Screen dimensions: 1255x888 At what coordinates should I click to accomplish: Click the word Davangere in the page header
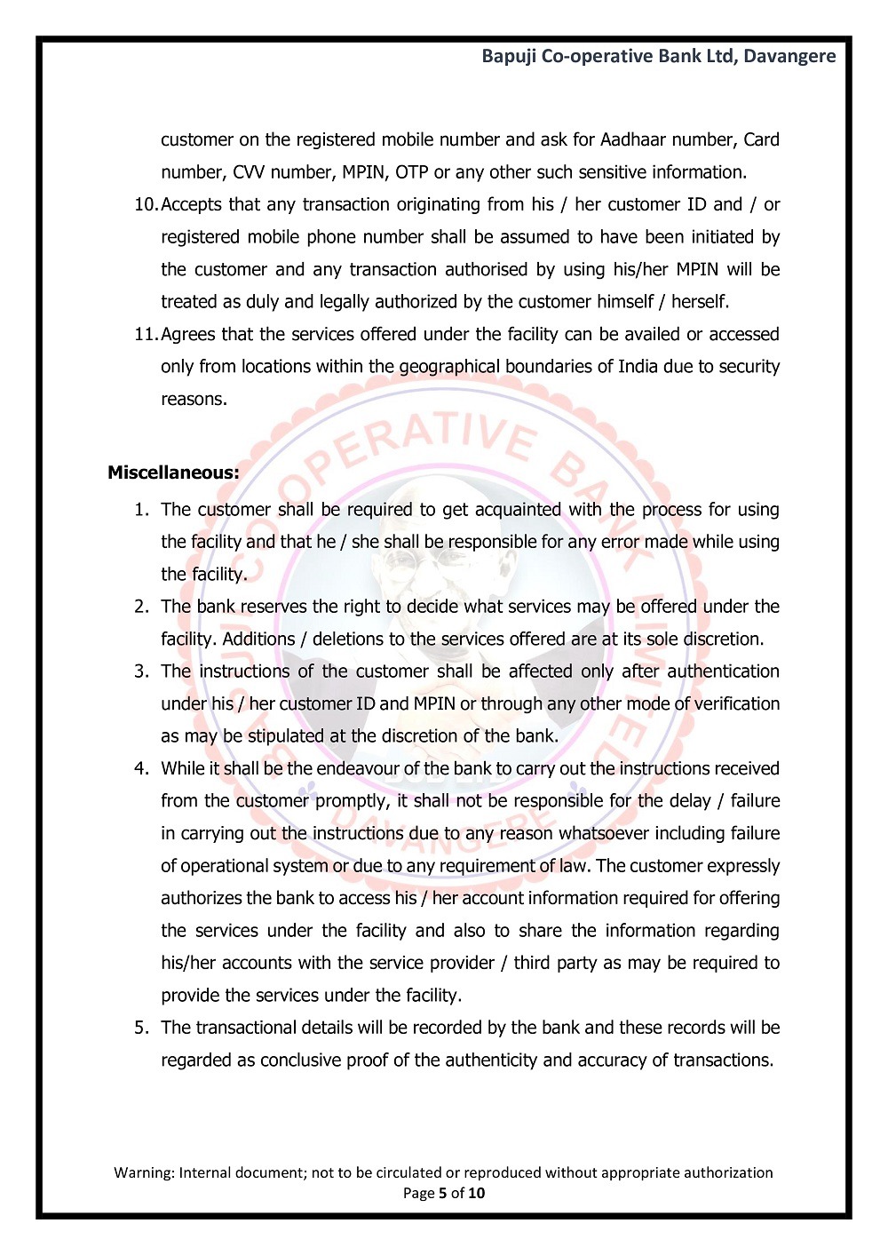tap(789, 56)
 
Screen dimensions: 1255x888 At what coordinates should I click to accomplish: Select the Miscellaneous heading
tap(173, 473)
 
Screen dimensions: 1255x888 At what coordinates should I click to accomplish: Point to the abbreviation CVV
tap(249, 172)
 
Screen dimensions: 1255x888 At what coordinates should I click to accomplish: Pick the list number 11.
tap(145, 335)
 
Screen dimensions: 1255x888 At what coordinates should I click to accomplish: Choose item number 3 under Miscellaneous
tap(142, 671)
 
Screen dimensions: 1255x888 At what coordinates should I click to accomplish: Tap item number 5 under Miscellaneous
tap(142, 1028)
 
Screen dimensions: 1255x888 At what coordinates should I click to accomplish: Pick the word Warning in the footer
tap(143, 1172)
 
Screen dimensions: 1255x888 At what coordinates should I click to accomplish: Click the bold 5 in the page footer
tap(442, 1193)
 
